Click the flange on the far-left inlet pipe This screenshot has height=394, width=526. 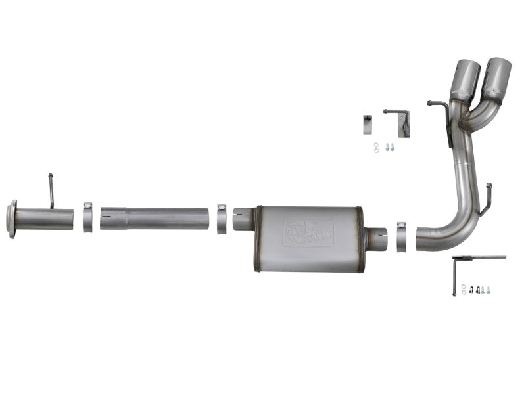[x=11, y=219]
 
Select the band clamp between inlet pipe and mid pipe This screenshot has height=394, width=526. [x=87, y=217]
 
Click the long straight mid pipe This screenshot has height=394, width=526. [x=158, y=219]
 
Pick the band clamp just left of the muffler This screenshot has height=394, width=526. [x=222, y=218]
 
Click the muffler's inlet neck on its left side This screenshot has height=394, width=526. [x=244, y=219]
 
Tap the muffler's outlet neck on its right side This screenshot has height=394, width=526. [x=376, y=238]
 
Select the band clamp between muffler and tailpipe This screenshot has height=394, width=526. [x=400, y=236]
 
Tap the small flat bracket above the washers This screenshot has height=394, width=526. [x=368, y=123]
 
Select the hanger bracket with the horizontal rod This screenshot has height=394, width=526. [x=398, y=120]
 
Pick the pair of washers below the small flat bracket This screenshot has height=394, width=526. [x=376, y=148]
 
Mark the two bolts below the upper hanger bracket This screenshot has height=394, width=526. [x=390, y=148]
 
